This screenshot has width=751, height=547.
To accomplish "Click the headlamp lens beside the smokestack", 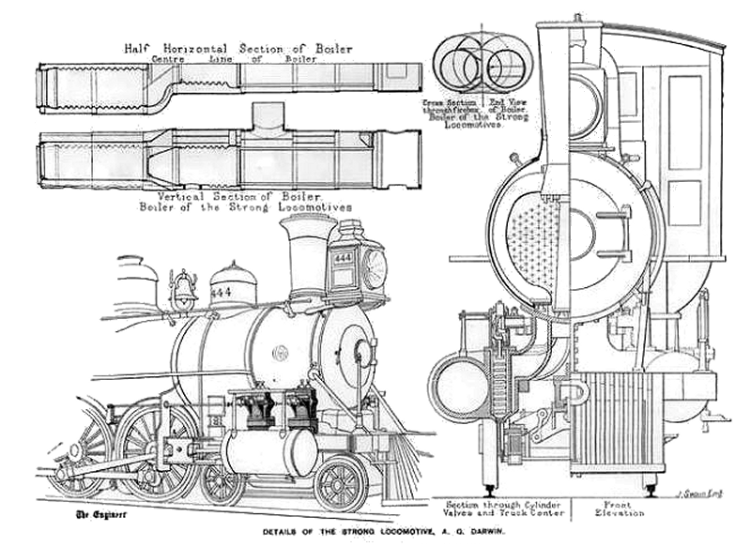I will [375, 269].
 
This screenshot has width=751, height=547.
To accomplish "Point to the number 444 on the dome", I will [222, 293].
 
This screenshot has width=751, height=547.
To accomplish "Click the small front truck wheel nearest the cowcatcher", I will [341, 482].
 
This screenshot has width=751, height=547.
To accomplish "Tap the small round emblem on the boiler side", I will [280, 353].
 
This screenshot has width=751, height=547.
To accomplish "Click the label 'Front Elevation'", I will [618, 509].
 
